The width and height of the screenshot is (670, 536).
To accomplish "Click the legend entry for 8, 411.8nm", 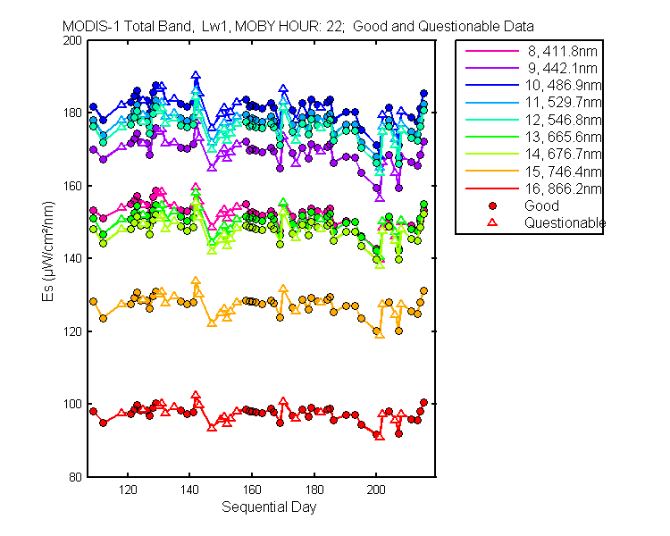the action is (x=562, y=51).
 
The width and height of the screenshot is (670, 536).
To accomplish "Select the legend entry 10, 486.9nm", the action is (x=563, y=86).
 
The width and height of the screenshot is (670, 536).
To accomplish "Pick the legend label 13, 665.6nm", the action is (x=563, y=137).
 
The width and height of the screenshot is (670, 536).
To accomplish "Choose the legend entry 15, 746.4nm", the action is (x=563, y=172).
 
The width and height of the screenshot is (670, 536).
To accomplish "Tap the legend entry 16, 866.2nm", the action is (x=563, y=188).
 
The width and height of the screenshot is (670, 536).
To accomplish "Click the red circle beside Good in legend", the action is (x=492, y=206).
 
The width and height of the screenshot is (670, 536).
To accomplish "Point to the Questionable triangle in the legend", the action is (x=492, y=222).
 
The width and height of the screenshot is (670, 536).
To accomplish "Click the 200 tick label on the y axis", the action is (x=71, y=40).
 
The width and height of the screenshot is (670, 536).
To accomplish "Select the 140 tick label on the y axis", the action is (x=71, y=258).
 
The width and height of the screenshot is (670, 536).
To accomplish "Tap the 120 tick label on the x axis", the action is (x=128, y=490).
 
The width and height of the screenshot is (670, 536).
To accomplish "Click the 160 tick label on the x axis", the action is (x=252, y=490).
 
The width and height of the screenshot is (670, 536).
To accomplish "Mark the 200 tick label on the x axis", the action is (x=376, y=490).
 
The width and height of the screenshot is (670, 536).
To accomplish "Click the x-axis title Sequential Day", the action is (x=269, y=507).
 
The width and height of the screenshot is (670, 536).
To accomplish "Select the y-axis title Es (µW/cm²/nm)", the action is (x=48, y=251).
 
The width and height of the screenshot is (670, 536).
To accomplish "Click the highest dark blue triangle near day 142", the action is (x=196, y=75).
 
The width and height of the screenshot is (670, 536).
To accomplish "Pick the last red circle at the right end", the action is (x=423, y=403).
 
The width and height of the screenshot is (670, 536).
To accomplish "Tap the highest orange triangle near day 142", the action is (x=196, y=281).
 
